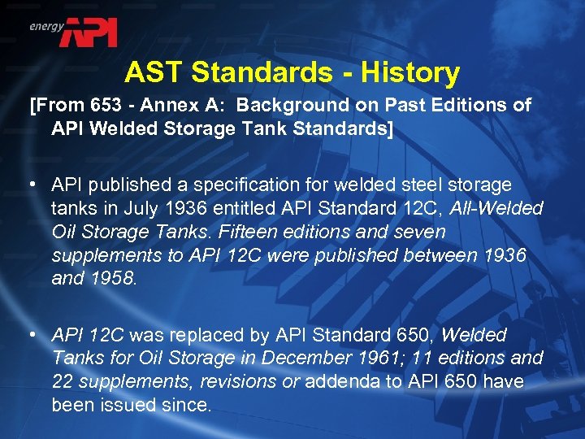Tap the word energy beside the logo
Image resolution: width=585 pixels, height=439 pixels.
point(46,26)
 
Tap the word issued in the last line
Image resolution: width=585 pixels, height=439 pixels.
point(138,404)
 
